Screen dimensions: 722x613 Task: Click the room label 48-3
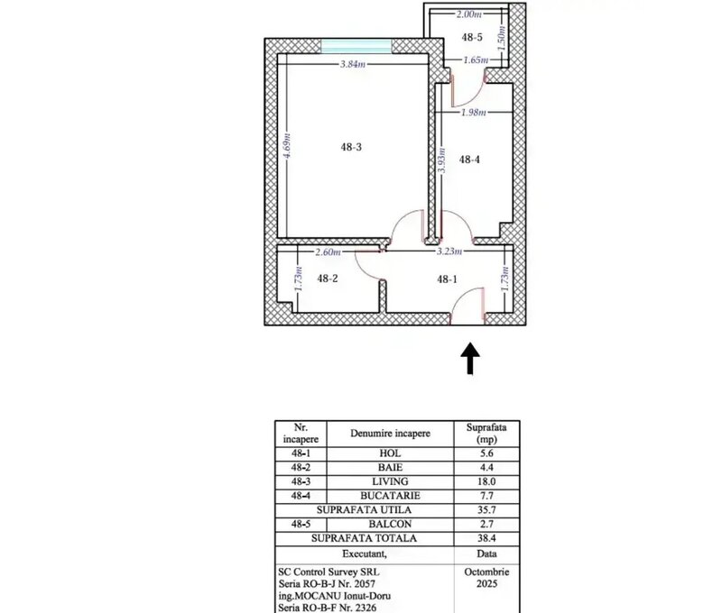click(351, 147)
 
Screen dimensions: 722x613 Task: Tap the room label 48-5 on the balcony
click(472, 37)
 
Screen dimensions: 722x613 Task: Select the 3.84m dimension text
click(353, 64)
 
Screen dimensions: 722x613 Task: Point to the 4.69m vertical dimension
click(286, 145)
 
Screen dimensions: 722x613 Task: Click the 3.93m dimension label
click(441, 160)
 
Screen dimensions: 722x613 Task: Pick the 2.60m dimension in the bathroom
click(328, 252)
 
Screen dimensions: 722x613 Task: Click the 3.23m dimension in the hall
click(449, 252)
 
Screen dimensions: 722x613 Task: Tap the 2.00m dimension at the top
click(468, 14)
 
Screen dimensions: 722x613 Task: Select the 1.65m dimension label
click(476, 59)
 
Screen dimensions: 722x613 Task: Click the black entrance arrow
click(470, 358)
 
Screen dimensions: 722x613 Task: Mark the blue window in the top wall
click(356, 46)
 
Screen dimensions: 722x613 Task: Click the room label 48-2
click(328, 279)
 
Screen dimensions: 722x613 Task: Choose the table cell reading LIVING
click(390, 481)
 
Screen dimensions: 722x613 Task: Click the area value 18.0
click(486, 481)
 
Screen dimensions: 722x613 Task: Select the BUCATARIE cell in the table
click(390, 496)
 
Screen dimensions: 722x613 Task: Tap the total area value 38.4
click(486, 538)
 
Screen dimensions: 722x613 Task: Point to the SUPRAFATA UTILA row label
click(364, 510)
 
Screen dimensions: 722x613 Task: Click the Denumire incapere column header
click(390, 434)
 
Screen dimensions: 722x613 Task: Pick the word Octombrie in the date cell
click(486, 572)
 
